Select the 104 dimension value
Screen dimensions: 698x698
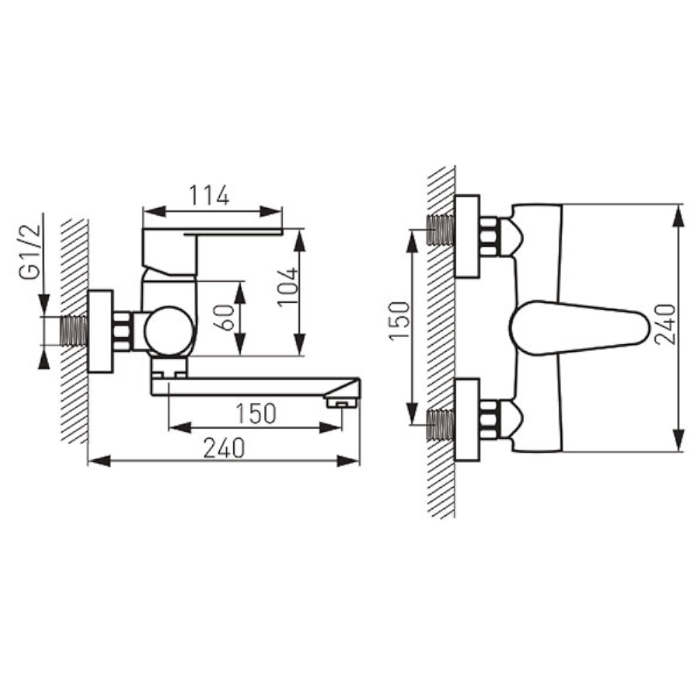click(288, 286)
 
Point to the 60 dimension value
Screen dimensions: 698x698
click(226, 318)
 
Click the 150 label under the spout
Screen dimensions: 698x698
click(255, 413)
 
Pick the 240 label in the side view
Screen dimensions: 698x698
click(224, 448)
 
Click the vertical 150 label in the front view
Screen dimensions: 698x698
click(399, 320)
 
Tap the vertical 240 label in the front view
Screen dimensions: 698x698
click(665, 324)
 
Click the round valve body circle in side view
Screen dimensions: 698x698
click(169, 331)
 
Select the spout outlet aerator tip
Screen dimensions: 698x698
click(342, 403)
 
